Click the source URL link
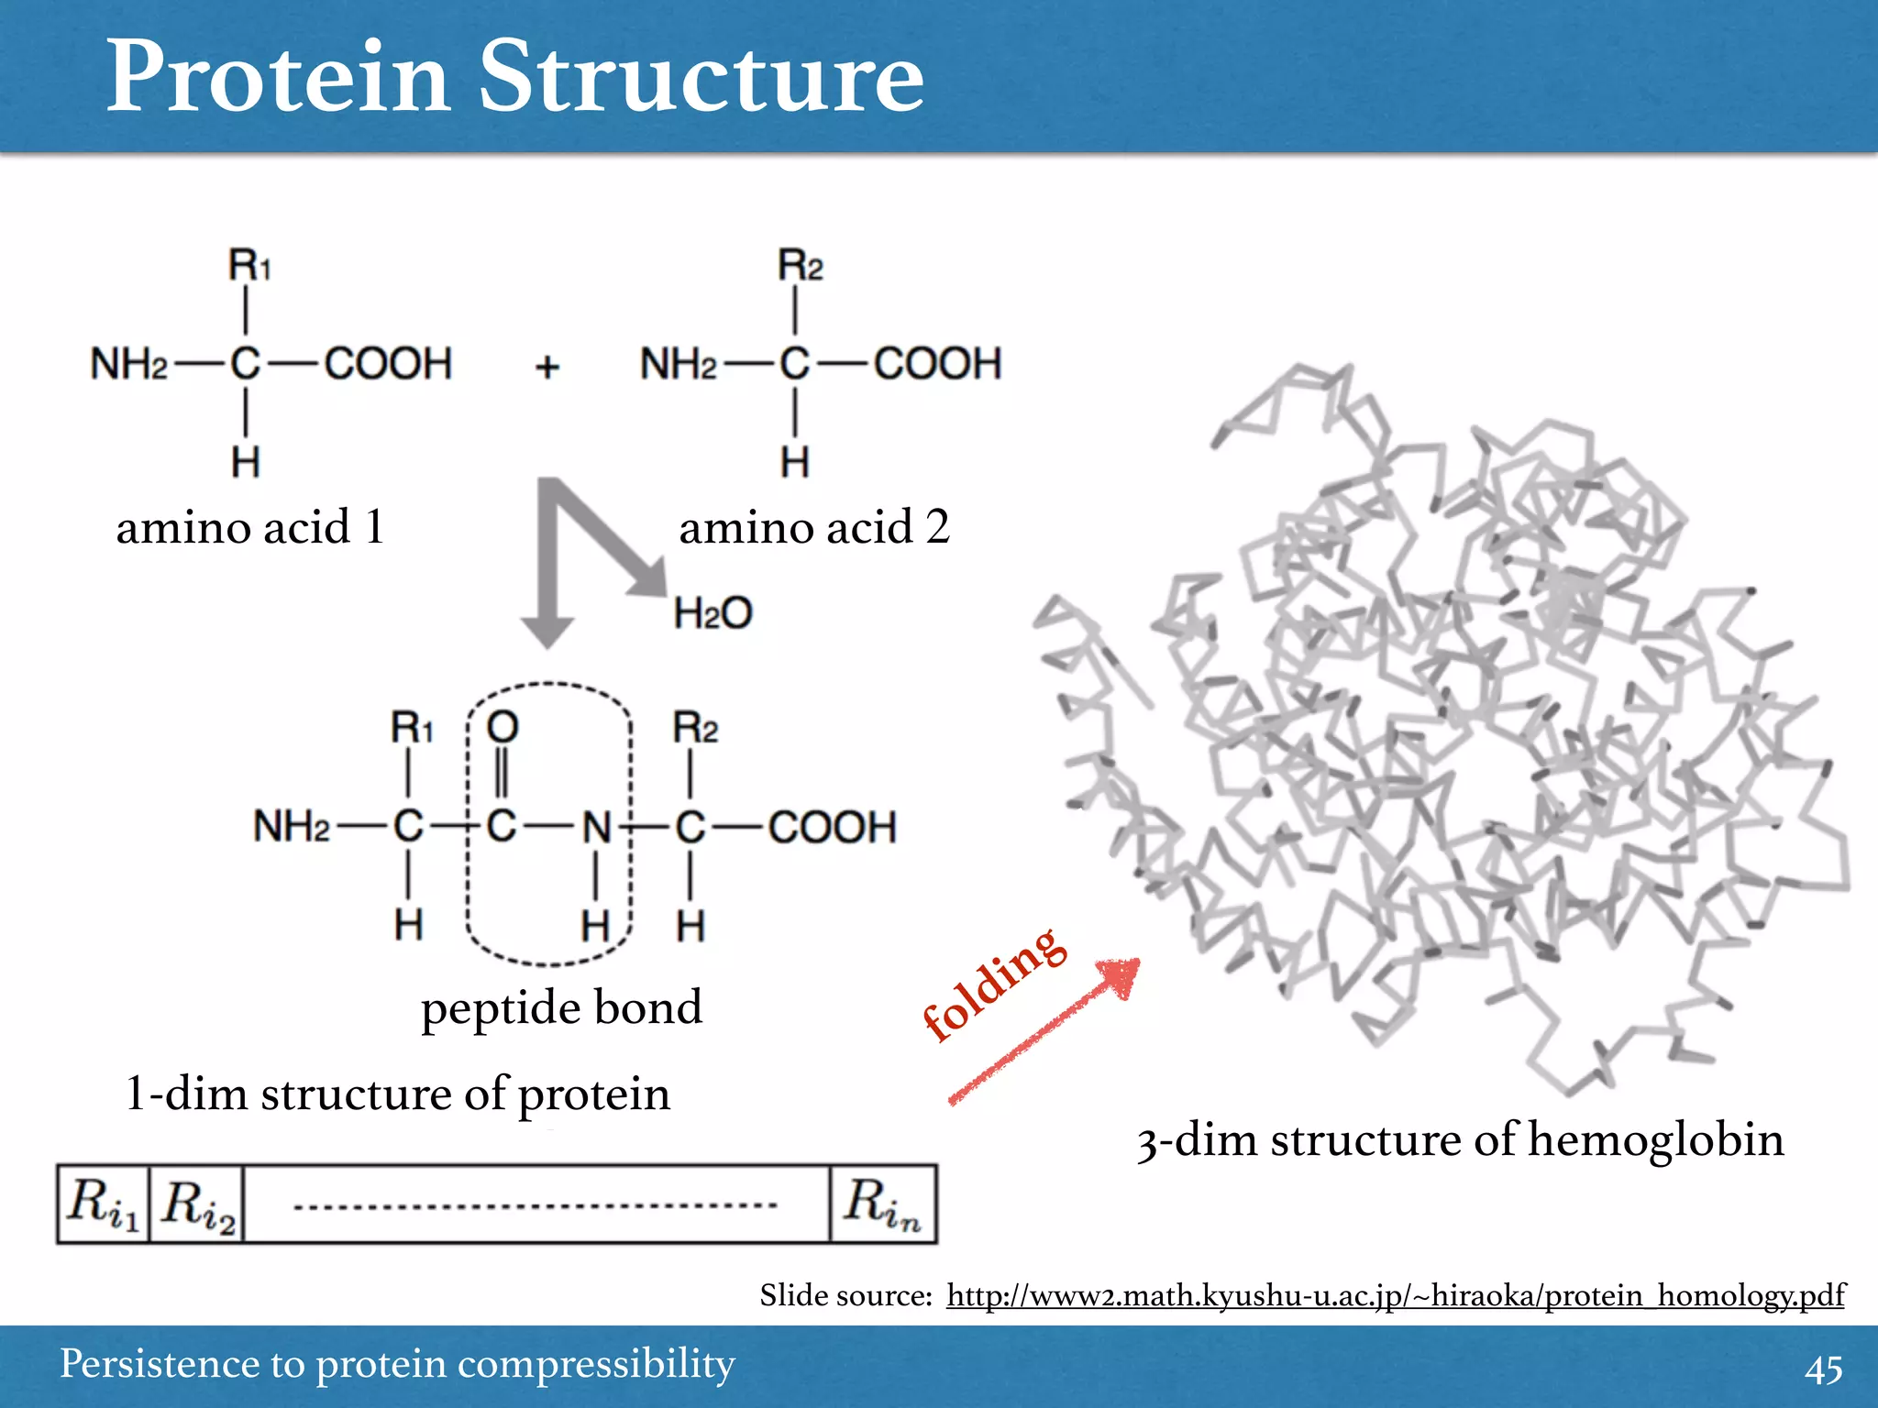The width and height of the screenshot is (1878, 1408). point(1395,1295)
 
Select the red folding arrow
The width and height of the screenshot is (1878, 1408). point(1045,1031)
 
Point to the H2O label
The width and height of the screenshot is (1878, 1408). point(713,612)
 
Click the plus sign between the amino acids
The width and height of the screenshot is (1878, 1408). point(547,367)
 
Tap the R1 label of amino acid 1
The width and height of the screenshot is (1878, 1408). point(249,266)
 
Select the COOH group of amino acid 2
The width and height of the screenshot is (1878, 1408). point(936,364)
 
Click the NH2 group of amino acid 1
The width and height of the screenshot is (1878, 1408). point(128,364)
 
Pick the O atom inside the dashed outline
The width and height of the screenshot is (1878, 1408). point(502,728)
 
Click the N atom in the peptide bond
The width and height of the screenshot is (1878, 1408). point(597,828)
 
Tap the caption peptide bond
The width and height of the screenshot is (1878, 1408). point(561,1007)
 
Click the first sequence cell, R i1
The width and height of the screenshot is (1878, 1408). point(103,1204)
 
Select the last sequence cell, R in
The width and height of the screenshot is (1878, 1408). point(882,1204)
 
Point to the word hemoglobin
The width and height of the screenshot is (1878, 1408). point(1655,1140)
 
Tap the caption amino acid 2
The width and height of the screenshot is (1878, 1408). point(813,527)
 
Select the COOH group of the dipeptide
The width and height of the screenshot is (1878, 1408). point(831,828)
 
